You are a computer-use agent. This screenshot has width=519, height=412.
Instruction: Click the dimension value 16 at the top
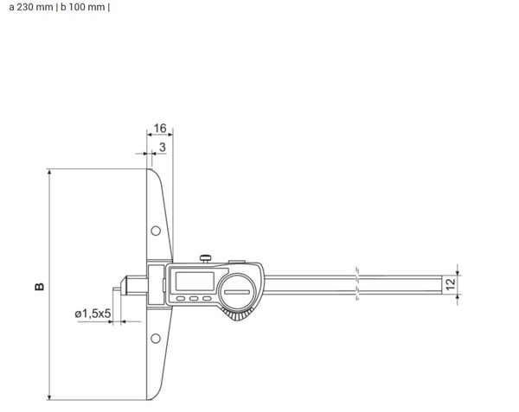(160, 128)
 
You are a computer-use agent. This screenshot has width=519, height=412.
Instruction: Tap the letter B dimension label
(39, 285)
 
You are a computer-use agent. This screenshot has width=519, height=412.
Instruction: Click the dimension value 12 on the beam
(449, 282)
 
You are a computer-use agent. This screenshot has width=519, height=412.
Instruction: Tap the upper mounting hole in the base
(156, 231)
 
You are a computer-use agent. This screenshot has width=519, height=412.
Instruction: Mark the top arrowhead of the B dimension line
(50, 173)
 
